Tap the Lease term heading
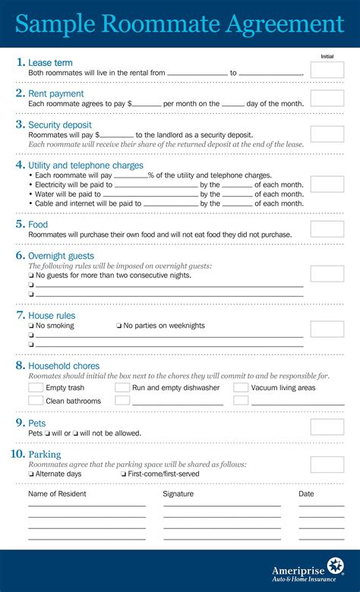click(50, 62)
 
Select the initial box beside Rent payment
click(327, 98)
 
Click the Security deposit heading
click(60, 124)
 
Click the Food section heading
click(38, 225)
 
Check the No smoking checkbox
click(31, 326)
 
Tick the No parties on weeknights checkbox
click(118, 326)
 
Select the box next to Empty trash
click(36, 388)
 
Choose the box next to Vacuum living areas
click(240, 388)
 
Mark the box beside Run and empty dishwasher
click(122, 388)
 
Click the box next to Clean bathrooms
click(36, 400)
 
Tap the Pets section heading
click(37, 423)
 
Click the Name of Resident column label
click(57, 494)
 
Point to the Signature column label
click(178, 494)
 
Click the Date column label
click(306, 494)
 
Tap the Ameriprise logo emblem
click(336, 567)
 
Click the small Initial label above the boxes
click(327, 56)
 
